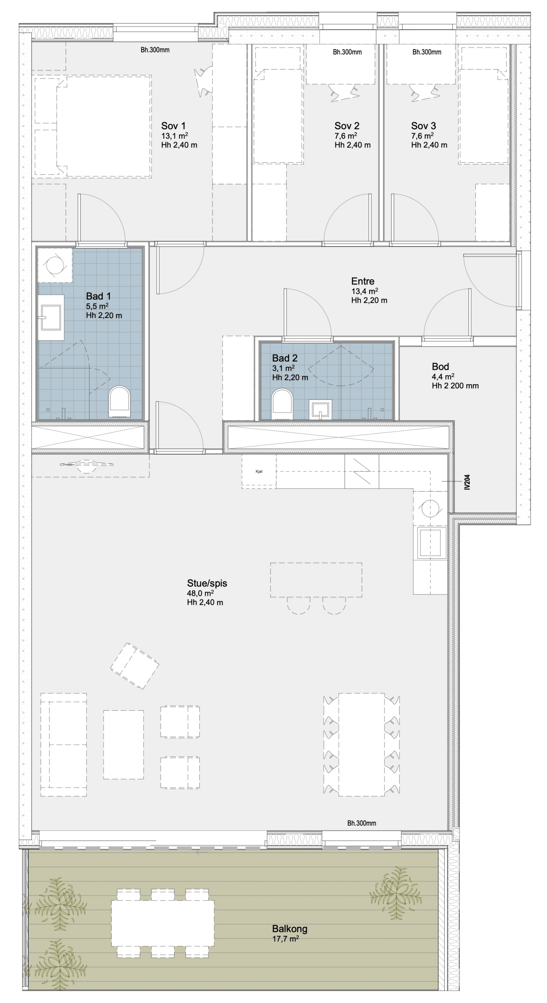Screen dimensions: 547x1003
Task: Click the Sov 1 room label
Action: click(x=173, y=126)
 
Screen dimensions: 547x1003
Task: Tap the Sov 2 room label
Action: click(x=347, y=126)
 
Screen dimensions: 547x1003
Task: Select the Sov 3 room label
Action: click(x=423, y=126)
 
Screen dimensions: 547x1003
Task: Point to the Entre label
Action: click(x=363, y=281)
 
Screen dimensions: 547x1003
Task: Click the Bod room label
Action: click(x=440, y=366)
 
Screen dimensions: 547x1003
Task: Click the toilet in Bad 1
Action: click(x=119, y=401)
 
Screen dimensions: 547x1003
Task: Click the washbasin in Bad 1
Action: click(x=51, y=317)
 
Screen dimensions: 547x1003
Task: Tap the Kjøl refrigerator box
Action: click(x=259, y=472)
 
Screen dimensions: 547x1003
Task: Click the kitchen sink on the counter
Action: click(x=430, y=542)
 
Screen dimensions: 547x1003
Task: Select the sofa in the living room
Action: click(x=64, y=744)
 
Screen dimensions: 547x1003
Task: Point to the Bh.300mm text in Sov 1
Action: click(x=155, y=50)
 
